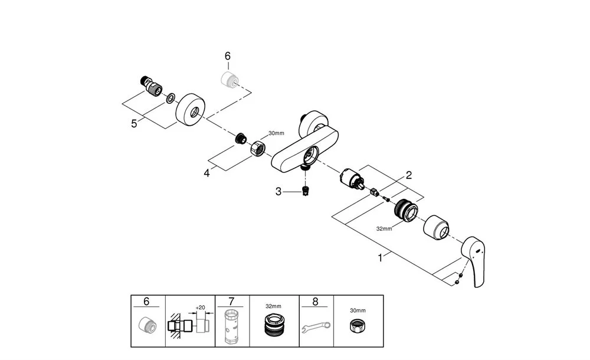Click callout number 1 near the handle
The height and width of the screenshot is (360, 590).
click(x=381, y=257)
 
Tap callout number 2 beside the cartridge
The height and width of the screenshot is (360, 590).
click(x=408, y=175)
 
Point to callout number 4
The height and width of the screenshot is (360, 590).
click(x=206, y=174)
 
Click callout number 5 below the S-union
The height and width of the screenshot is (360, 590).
click(x=134, y=123)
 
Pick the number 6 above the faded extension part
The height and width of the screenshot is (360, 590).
click(x=228, y=56)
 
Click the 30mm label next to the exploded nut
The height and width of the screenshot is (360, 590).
click(x=276, y=133)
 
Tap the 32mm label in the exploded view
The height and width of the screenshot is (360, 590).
click(x=384, y=228)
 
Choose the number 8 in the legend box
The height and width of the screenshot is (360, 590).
click(x=315, y=302)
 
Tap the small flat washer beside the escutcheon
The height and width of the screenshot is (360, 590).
click(x=170, y=98)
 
